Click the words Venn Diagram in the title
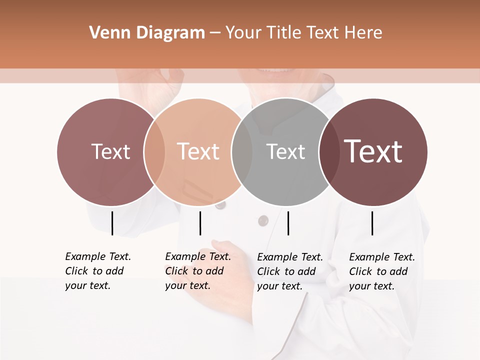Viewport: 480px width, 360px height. pyautogui.click(x=147, y=33)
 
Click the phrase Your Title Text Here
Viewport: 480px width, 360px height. pyautogui.click(x=303, y=33)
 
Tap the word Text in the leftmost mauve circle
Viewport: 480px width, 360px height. pyautogui.click(x=110, y=152)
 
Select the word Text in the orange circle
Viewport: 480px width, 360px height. pyautogui.click(x=198, y=152)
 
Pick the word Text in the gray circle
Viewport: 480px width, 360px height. pyautogui.click(x=285, y=152)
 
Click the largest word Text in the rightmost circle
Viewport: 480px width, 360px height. pyautogui.click(x=373, y=151)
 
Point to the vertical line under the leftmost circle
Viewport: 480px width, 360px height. pyautogui.click(x=112, y=223)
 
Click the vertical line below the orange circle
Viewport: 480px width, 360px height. pyautogui.click(x=200, y=223)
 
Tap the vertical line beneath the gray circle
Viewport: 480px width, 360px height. pyautogui.click(x=288, y=223)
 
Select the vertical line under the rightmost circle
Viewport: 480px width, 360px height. pyautogui.click(x=372, y=223)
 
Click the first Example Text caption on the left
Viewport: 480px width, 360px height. pyautogui.click(x=98, y=271)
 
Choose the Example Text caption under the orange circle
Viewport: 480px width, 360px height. pyautogui.click(x=198, y=271)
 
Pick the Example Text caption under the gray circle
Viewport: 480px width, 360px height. pyautogui.click(x=290, y=271)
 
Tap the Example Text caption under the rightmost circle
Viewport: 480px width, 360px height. pyautogui.click(x=382, y=271)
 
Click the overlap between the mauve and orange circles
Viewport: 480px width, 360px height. pyautogui.click(x=154, y=152)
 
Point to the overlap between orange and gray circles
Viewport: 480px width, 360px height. pyautogui.click(x=242, y=152)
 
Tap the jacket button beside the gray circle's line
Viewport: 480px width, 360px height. pyautogui.click(x=263, y=220)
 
